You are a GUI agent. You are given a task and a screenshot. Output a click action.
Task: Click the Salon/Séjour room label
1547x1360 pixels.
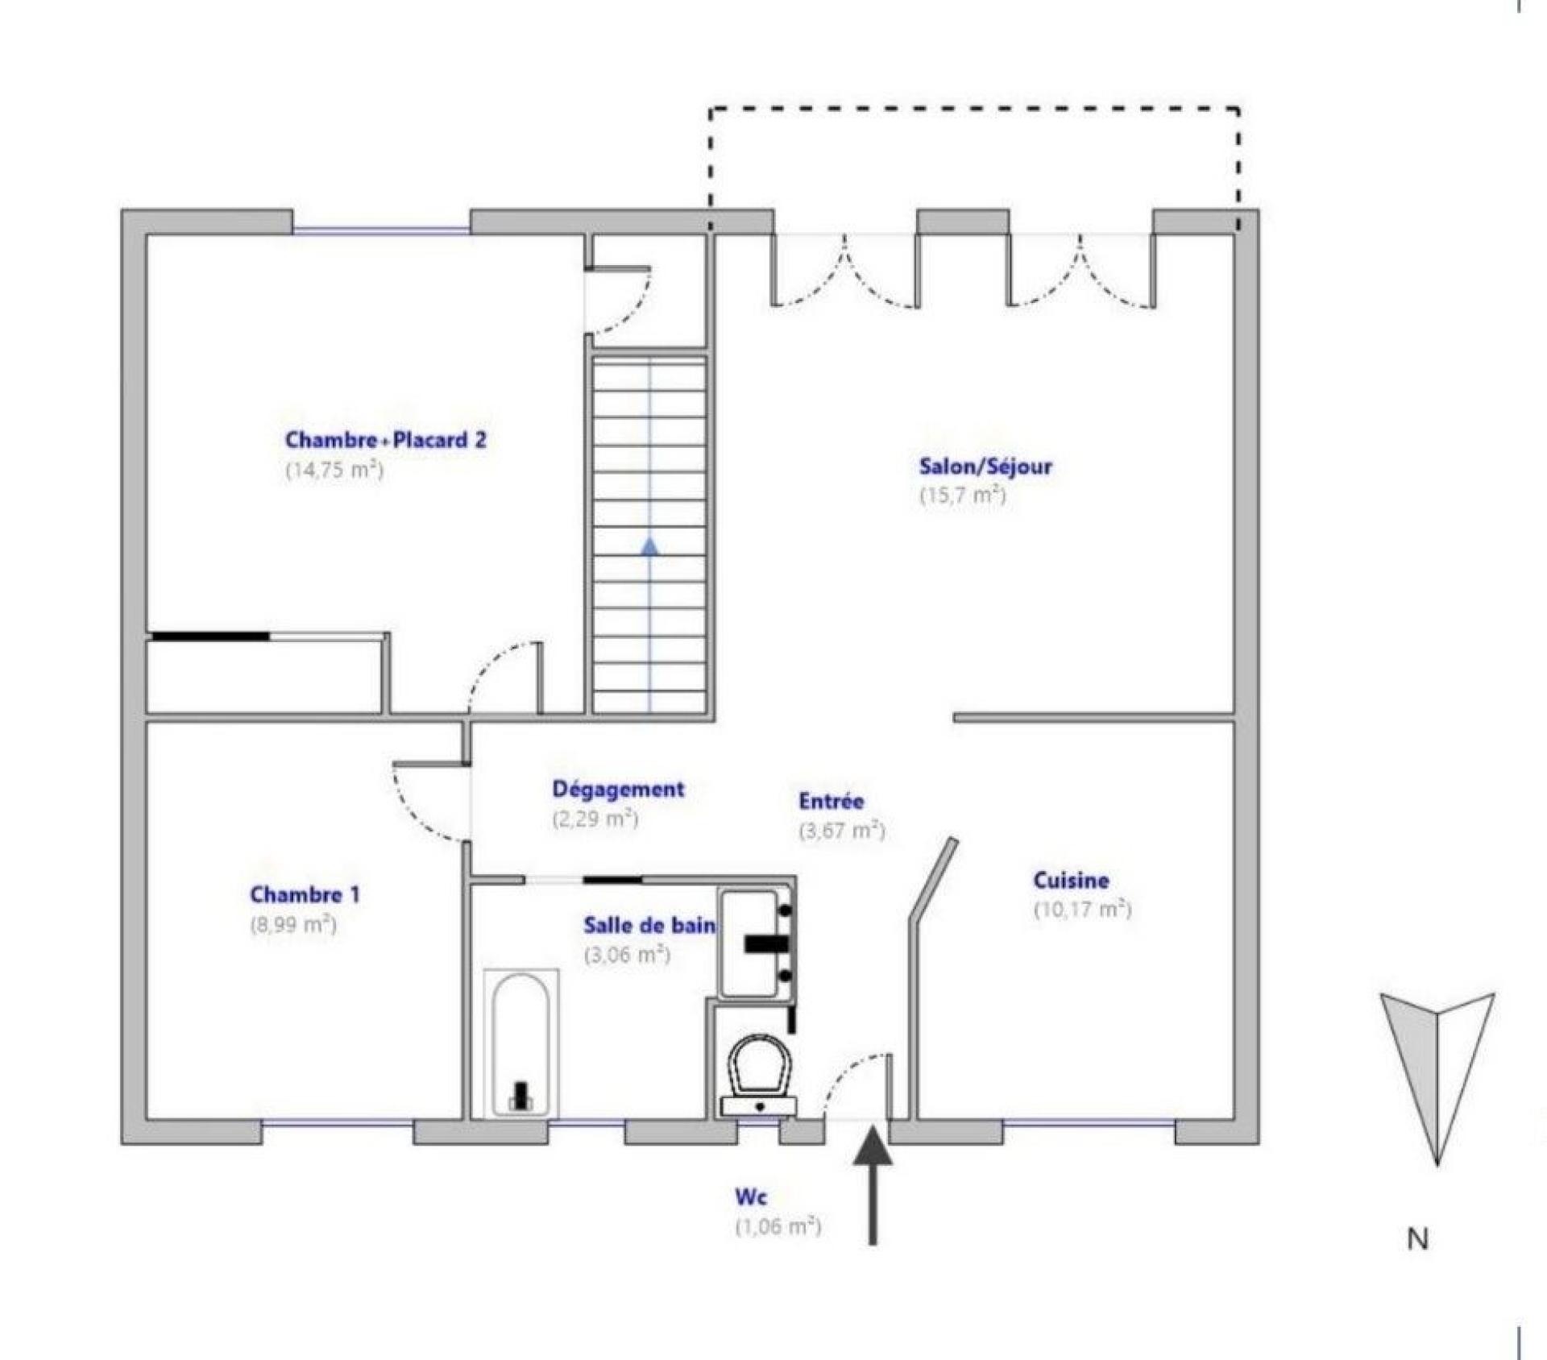point(985,466)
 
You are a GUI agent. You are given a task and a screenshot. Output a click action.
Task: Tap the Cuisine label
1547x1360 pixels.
point(1071,880)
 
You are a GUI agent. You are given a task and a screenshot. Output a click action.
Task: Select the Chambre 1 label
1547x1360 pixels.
point(305,894)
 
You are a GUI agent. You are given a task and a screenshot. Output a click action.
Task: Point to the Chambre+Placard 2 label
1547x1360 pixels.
point(386,440)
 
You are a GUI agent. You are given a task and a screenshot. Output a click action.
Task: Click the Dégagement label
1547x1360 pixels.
point(618,790)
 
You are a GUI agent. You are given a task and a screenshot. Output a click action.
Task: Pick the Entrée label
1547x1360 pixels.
point(832,801)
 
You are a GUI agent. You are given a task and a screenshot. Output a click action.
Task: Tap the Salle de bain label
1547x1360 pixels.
point(649,925)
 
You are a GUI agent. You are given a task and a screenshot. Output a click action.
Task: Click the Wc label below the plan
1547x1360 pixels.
point(751,1197)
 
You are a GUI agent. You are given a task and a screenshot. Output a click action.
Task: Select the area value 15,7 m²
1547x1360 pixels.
point(963,495)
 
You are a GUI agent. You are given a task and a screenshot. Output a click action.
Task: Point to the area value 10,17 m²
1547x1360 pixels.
point(1083,909)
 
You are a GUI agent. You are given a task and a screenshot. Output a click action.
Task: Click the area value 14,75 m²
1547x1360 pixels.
point(334,469)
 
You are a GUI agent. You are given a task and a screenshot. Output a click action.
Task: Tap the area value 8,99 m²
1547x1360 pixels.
point(293,924)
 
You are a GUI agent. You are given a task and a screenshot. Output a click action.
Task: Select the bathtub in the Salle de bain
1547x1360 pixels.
point(521,1044)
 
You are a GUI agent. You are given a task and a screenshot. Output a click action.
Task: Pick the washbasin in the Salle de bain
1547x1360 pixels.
point(757,943)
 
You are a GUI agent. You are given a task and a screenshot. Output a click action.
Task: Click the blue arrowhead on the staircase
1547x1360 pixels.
point(649,548)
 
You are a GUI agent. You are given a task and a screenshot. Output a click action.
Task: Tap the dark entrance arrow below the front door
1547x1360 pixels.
point(873,1186)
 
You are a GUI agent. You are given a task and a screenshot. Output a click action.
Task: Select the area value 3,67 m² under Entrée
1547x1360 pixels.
point(842,831)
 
